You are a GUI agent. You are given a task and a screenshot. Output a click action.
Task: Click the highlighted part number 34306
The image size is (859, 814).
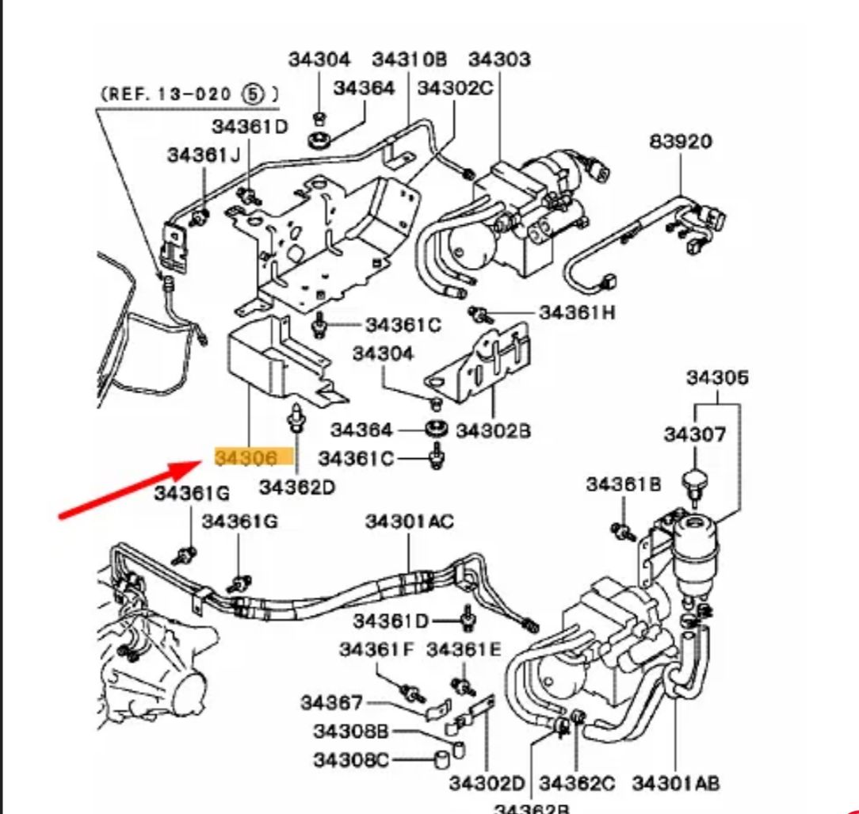click(246, 458)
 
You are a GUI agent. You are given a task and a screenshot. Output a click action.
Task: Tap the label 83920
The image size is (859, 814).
click(681, 142)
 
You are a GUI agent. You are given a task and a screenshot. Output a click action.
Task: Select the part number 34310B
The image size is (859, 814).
click(410, 59)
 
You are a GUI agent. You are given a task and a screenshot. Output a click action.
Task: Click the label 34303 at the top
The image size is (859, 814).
click(499, 59)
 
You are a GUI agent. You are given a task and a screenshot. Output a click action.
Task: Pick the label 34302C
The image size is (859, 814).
click(455, 88)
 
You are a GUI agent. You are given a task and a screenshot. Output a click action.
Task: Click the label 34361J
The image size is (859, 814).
click(204, 155)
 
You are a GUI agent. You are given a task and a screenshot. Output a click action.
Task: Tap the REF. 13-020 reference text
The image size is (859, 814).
click(189, 94)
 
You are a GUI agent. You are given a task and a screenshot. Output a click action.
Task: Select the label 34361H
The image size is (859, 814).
click(577, 313)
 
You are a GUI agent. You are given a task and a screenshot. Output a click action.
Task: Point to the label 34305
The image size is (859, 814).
click(717, 378)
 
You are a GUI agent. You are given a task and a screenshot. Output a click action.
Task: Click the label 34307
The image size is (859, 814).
click(695, 434)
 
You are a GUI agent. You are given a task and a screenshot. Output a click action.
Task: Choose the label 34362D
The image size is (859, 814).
click(296, 487)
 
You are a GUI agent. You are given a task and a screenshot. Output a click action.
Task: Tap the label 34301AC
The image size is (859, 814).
click(409, 522)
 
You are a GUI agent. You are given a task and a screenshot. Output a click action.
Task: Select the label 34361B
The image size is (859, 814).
click(624, 484)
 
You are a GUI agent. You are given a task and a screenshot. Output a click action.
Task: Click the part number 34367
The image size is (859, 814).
click(331, 703)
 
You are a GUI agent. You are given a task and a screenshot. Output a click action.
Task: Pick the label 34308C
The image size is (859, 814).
click(351, 761)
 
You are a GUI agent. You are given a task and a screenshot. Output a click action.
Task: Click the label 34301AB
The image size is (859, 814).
click(676, 784)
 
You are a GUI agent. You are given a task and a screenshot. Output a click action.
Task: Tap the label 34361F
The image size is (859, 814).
click(377, 649)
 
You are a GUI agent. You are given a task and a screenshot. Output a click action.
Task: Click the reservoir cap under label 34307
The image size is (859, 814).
click(695, 481)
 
